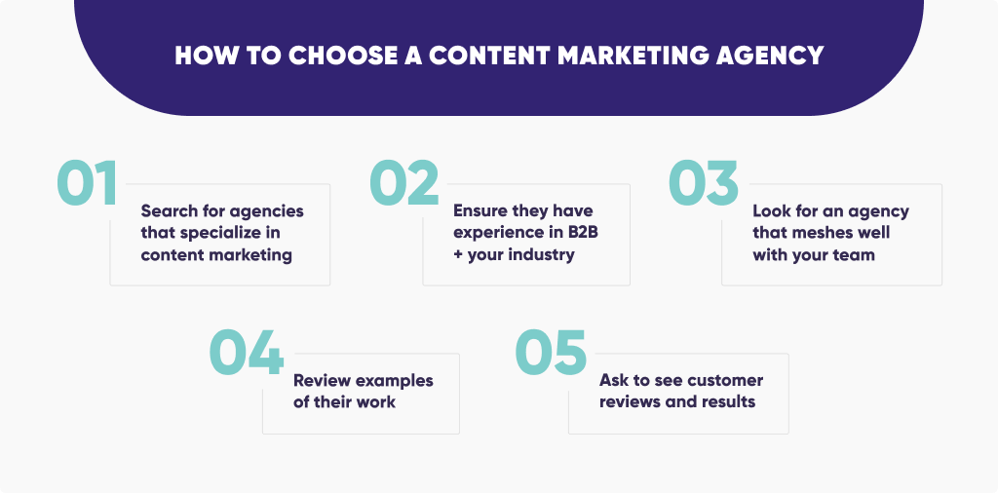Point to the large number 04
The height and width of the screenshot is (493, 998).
point(247,352)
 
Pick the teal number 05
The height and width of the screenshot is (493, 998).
point(551,352)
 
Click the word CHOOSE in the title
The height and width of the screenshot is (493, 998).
point(343,56)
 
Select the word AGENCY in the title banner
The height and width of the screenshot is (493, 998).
point(772,56)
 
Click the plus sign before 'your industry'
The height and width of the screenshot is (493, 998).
point(458,255)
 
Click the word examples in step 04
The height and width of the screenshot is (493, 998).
point(394,380)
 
